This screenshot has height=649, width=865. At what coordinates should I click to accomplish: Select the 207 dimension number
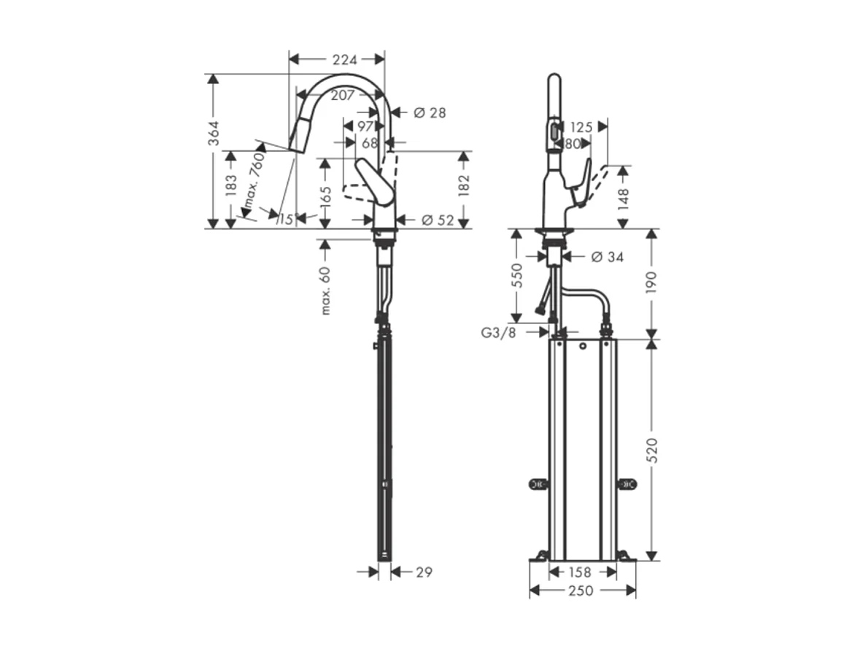[342, 95]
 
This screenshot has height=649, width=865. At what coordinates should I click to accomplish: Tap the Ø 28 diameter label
[429, 112]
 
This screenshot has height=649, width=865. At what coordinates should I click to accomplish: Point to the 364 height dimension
[214, 134]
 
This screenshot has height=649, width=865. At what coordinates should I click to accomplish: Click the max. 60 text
[325, 291]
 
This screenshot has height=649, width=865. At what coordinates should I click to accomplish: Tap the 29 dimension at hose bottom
[422, 572]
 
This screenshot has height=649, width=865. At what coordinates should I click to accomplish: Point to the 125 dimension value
[581, 127]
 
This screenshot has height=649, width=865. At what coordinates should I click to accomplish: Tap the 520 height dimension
[652, 450]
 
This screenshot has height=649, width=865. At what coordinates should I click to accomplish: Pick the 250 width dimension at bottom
[581, 591]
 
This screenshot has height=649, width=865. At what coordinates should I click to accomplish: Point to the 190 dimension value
[652, 283]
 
